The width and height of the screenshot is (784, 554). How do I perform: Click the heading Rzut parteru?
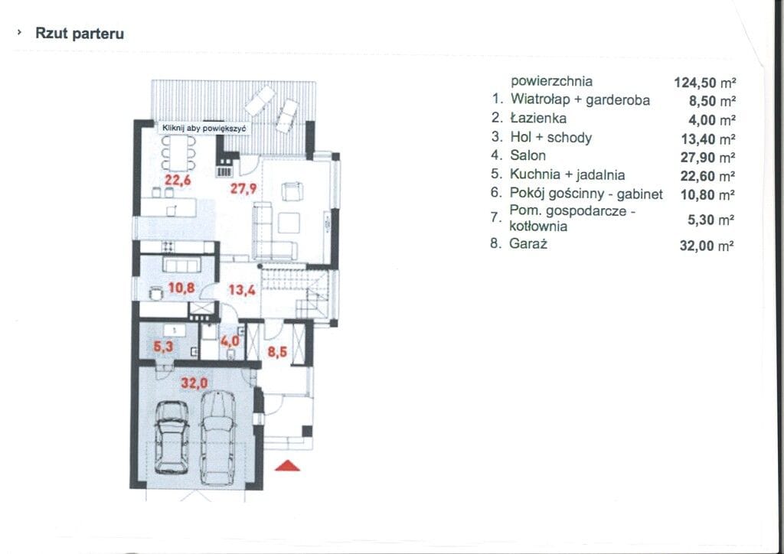pyautogui.click(x=80, y=34)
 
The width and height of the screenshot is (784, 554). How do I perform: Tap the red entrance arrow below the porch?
pyautogui.click(x=288, y=466)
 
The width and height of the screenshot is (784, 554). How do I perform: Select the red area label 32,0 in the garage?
pyautogui.click(x=194, y=383)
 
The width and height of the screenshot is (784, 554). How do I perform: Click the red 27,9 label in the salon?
pyautogui.click(x=243, y=188)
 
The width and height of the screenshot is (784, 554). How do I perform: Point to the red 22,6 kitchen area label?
pyautogui.click(x=178, y=180)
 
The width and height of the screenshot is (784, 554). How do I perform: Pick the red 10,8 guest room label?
pyautogui.click(x=181, y=288)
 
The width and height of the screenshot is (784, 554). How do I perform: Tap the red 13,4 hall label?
pyautogui.click(x=242, y=290)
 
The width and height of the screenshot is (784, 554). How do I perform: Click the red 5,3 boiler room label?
pyautogui.click(x=163, y=346)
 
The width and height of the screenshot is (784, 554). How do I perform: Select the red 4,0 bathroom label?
pyautogui.click(x=230, y=342)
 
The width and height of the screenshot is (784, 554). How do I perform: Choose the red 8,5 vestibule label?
pyautogui.click(x=277, y=352)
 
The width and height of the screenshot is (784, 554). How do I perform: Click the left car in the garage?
pyautogui.click(x=171, y=437)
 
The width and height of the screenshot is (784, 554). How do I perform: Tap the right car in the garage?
pyautogui.click(x=217, y=438)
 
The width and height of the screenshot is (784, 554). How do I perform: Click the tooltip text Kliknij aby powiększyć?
pyautogui.click(x=204, y=129)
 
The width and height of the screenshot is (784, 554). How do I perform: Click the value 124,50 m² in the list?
pyautogui.click(x=705, y=82)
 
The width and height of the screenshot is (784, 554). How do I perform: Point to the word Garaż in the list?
pyautogui.click(x=528, y=244)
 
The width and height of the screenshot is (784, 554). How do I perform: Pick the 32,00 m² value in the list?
pyautogui.click(x=707, y=246)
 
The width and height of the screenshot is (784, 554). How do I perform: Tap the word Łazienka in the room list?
pyautogui.click(x=538, y=118)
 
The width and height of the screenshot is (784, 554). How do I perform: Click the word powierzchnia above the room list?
pyautogui.click(x=551, y=81)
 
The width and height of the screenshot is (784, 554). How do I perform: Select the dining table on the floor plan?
pyautogui.click(x=178, y=152)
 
